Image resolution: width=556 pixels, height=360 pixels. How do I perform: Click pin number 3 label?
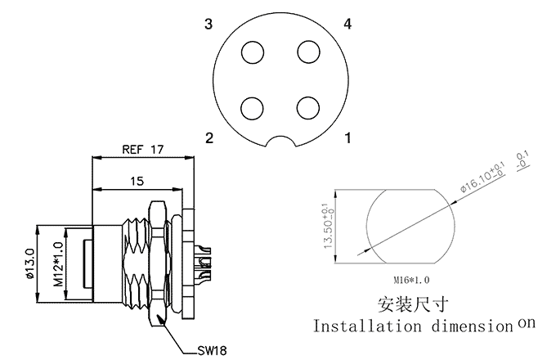coord(208,25)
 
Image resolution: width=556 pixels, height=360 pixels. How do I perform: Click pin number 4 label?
coord(347,25)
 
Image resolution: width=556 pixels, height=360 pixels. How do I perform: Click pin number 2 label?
coord(208,138)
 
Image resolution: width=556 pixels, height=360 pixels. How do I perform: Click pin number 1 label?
coord(348,138)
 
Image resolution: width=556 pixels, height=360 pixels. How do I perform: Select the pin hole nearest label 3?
coord(253,52)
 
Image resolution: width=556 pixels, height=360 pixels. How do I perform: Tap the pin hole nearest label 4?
coord(308,52)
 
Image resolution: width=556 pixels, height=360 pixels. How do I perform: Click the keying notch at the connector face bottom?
coord(280,142)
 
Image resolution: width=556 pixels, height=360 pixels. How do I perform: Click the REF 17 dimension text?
coord(143,150)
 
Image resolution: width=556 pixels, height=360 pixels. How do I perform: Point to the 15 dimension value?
coord(137,181)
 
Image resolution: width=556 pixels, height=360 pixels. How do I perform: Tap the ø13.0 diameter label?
coord(30,263)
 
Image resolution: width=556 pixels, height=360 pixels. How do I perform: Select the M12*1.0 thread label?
coord(58,263)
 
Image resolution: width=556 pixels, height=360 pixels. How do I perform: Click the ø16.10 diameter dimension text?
coord(482,177)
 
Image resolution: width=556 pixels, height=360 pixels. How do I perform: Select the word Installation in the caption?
coord(365,326)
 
